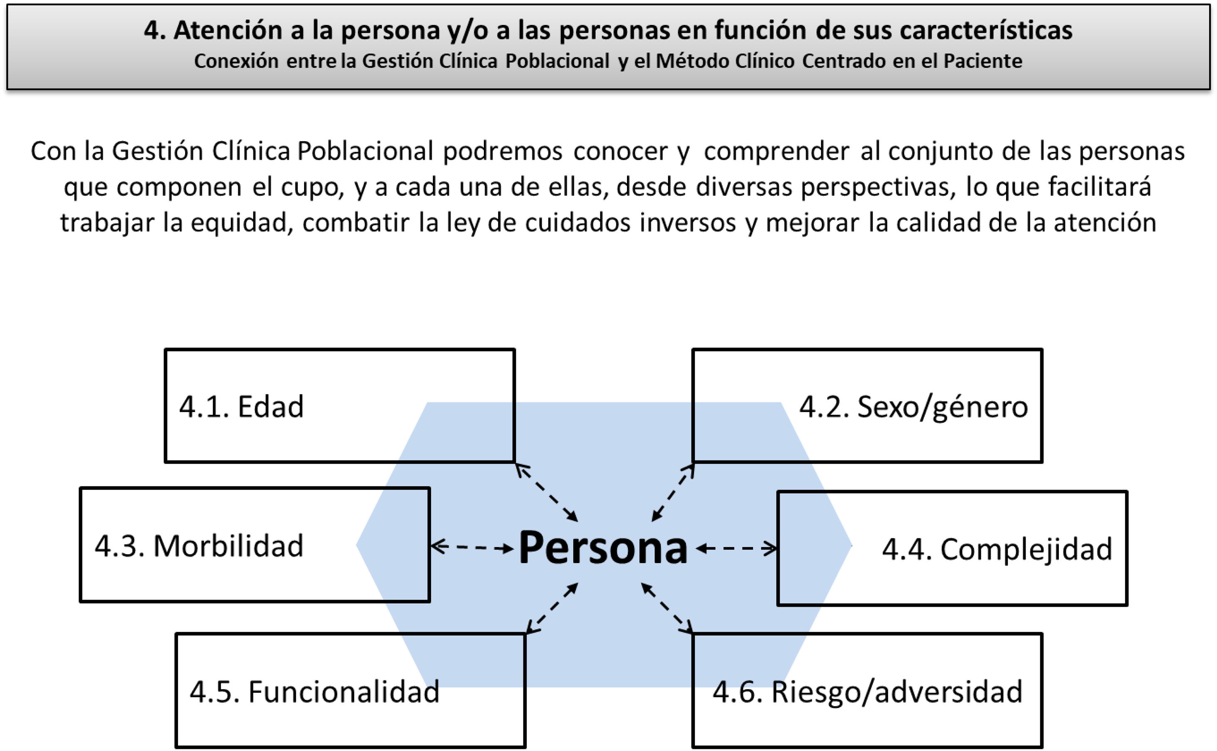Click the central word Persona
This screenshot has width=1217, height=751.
pos(603,548)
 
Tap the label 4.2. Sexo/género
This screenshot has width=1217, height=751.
pos(913,407)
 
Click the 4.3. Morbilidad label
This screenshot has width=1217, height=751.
pos(198,546)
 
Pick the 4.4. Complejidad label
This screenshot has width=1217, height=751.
pos(996,549)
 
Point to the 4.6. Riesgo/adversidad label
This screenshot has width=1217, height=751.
pos(868,692)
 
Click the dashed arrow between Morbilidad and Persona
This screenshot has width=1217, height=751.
pos(472,548)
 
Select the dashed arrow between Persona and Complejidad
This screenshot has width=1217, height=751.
pos(736,549)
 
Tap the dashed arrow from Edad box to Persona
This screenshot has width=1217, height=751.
pos(546,492)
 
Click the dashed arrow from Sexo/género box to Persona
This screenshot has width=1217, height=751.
pos(673,492)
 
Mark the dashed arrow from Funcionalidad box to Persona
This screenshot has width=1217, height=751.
pos(552,608)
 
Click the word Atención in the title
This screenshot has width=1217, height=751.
pos(228,30)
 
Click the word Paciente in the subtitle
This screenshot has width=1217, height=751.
pos(983,61)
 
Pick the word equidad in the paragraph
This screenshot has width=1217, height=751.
pos(239,223)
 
